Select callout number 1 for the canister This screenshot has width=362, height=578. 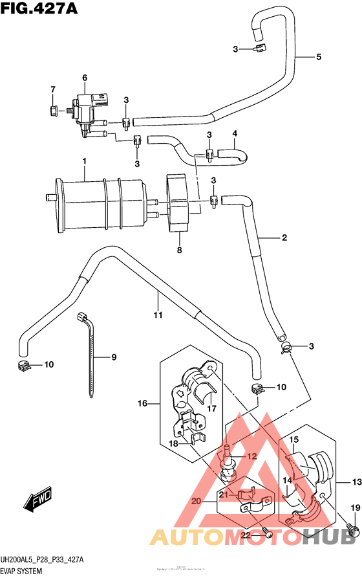pos(84,161)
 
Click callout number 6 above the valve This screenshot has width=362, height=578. pos(84,78)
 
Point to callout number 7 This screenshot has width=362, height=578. pos(54,89)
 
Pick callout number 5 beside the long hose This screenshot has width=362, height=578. pos(319,58)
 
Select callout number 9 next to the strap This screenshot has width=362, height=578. pos(113,357)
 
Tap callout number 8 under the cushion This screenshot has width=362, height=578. pos(180,250)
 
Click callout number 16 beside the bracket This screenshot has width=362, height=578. pos(142,404)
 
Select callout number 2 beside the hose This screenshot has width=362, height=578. pos(283,238)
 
